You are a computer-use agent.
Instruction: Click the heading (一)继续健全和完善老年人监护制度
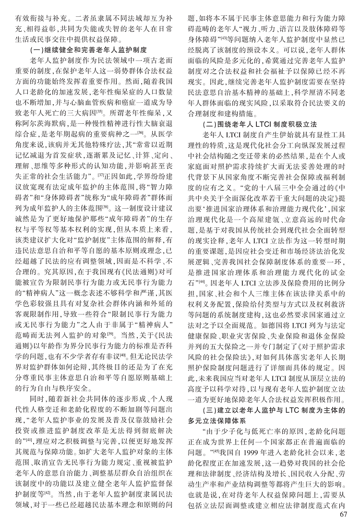pyautogui.click(x=88, y=50)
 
